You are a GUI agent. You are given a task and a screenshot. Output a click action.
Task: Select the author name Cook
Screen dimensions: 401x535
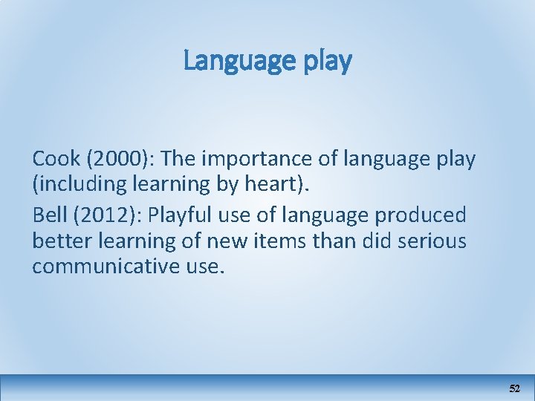(56, 158)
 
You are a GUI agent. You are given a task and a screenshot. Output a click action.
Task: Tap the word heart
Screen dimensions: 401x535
(283, 183)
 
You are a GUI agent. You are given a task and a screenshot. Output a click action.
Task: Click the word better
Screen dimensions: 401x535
(61, 241)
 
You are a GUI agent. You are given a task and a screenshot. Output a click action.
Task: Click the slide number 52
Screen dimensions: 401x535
(514, 388)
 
